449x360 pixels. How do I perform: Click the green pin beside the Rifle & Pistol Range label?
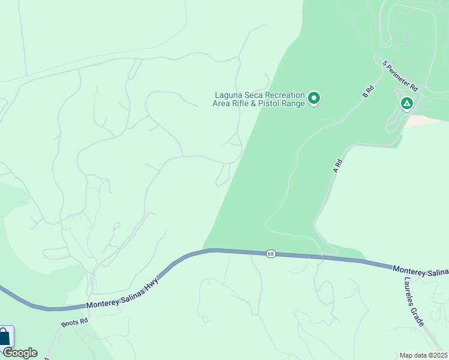click(x=313, y=98)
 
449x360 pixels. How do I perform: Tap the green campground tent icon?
click(x=407, y=104)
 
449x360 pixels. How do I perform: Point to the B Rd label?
click(x=368, y=92)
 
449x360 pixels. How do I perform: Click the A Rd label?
click(x=338, y=166)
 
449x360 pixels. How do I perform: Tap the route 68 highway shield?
click(x=271, y=254)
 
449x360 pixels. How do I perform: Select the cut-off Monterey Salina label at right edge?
click(x=420, y=271)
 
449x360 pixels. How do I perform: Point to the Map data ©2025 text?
click(x=423, y=355)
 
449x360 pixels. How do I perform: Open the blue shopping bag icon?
click(x=4, y=337)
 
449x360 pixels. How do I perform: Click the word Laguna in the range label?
click(x=229, y=95)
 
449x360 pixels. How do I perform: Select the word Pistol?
click(x=274, y=103)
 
